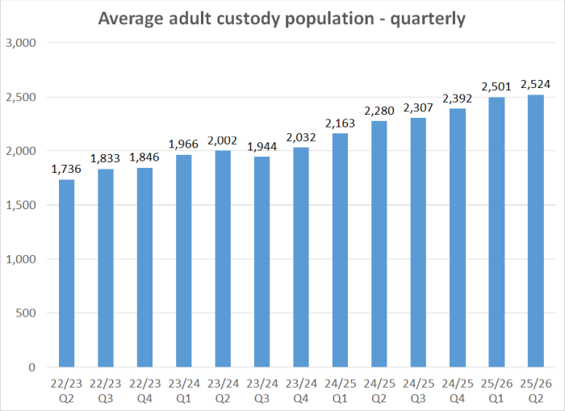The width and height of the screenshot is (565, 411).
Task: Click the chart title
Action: click(x=282, y=18)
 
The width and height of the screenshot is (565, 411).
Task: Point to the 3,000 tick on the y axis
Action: click(x=23, y=43)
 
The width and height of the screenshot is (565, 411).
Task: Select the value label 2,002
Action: click(x=222, y=141)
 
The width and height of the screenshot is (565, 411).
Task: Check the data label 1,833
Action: click(x=105, y=160)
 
